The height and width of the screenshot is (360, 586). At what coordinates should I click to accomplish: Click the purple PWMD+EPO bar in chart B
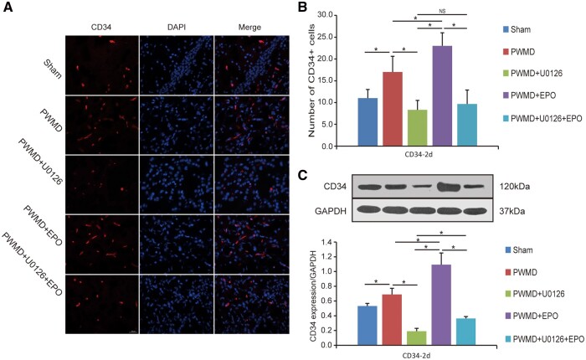pos(442,95)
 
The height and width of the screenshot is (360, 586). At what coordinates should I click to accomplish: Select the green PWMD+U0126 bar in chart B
pos(417,127)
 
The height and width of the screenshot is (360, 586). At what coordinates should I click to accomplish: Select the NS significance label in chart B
pos(442,11)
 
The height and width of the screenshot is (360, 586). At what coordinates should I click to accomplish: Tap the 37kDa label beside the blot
pos(512,211)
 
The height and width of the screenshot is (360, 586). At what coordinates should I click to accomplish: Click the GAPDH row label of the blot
pos(331,211)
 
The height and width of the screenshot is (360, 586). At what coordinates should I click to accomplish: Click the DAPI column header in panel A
pos(177,27)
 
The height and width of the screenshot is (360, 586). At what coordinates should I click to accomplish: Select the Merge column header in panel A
pos(249,27)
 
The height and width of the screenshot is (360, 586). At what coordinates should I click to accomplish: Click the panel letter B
pos(301,7)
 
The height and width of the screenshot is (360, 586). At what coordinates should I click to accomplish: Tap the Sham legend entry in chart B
pos(517,29)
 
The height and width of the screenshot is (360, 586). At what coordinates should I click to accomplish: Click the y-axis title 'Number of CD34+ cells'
pos(311,80)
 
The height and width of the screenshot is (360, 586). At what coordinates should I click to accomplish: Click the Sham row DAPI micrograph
pos(177,65)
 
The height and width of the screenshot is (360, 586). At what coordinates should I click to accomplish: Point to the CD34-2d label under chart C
pos(417,355)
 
